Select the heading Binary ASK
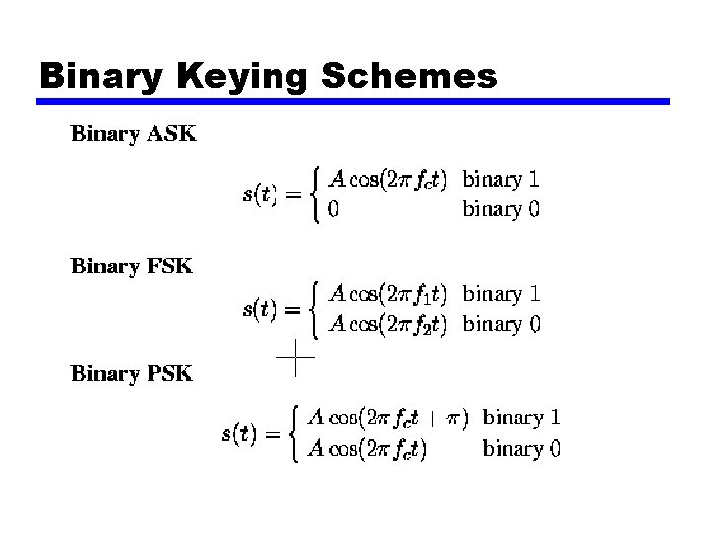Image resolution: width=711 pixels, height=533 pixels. point(133,135)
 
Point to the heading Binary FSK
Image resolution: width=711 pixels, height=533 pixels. point(131,266)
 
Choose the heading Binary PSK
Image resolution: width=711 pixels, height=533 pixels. point(131,374)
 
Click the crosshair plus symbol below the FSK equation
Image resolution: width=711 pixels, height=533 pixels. point(295,356)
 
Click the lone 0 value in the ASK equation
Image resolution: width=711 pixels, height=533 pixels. point(334,209)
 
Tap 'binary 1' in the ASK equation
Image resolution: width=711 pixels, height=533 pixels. point(501,180)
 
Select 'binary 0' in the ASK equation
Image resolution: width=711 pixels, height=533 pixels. point(501,209)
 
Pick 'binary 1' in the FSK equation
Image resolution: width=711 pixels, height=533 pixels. point(501,293)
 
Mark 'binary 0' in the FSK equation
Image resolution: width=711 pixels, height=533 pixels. point(501,323)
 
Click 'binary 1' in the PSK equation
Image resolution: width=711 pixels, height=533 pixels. point(520,418)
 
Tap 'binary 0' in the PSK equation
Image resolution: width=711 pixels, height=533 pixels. point(520,449)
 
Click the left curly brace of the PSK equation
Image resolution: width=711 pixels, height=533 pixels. point(295,433)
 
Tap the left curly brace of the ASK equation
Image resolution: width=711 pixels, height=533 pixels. point(315,194)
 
